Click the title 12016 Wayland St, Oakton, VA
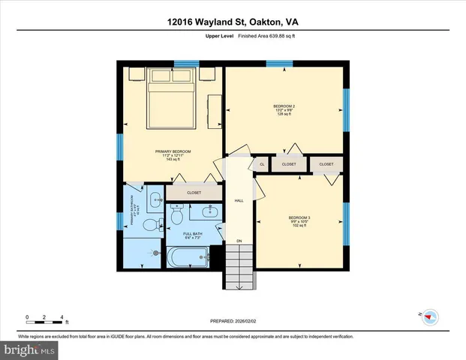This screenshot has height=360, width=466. (x=233, y=22)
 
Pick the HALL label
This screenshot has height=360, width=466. (x=239, y=201)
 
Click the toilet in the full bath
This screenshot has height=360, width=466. (x=177, y=216)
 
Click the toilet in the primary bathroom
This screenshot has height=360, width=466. (x=149, y=224)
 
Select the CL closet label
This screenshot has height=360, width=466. (x=262, y=163)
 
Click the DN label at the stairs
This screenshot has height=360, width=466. (x=239, y=241)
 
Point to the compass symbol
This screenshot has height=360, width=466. (x=429, y=316)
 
